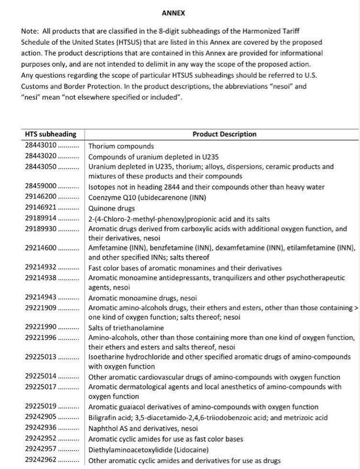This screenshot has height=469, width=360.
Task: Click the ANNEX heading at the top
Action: [x=173, y=13]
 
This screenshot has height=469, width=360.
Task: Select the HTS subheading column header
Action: [x=50, y=134]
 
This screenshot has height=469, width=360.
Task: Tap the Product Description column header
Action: [x=224, y=134]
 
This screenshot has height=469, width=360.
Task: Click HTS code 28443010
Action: [x=41, y=146]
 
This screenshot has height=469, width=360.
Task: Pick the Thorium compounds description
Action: [x=121, y=147]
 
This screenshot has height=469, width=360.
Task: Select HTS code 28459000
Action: [x=41, y=187]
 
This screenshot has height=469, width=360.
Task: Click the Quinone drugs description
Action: [x=112, y=208]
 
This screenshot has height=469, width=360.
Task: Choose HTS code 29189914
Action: [x=41, y=219]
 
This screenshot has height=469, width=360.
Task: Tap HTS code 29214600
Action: [x=41, y=248]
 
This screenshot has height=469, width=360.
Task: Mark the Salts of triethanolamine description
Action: [x=126, y=328]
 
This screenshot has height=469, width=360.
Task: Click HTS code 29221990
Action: [x=41, y=328]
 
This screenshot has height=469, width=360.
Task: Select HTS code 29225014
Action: [x=41, y=377]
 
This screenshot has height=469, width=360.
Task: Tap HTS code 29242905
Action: [x=41, y=417]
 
